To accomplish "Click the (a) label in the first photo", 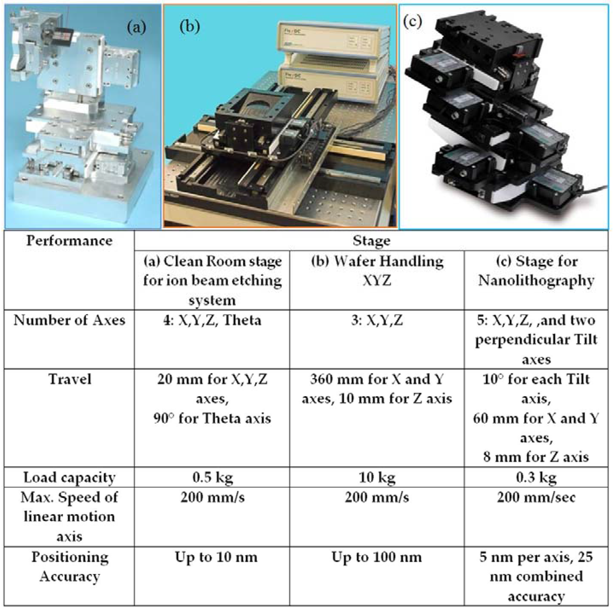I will (136, 28).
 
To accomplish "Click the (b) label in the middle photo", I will (190, 27).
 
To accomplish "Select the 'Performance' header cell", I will (69, 241).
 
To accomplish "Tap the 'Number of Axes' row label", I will (69, 320).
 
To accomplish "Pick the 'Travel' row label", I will (69, 379).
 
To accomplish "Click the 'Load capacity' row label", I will (69, 478).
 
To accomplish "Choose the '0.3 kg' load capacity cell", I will (536, 478).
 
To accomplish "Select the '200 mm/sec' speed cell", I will (536, 497).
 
